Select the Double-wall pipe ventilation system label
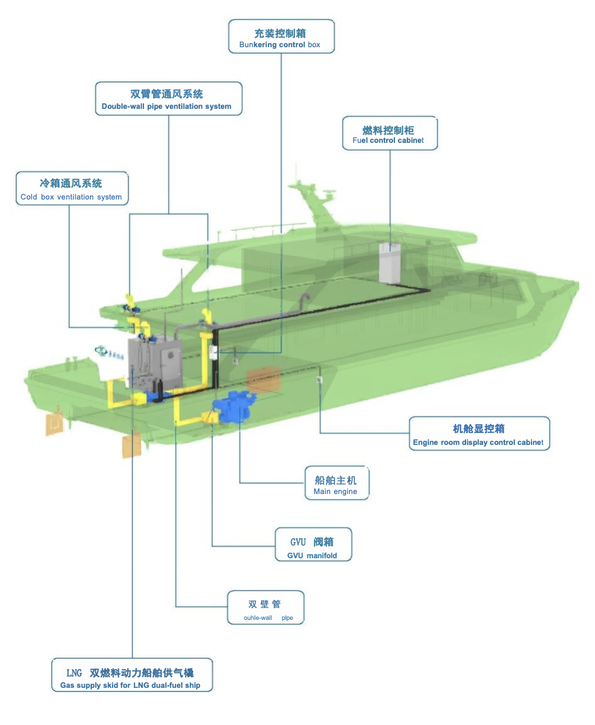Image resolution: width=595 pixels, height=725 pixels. (x=168, y=99)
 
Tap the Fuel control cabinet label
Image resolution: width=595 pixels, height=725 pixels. (x=389, y=133)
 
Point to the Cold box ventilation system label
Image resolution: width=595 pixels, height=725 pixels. (x=71, y=189)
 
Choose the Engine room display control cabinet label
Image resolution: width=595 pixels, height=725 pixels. (x=479, y=434)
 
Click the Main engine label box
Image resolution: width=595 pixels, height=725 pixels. (x=336, y=483)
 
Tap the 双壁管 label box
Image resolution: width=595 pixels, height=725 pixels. (x=265, y=609)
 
